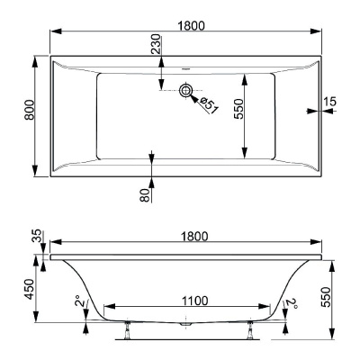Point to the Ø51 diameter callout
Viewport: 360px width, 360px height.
point(208,103)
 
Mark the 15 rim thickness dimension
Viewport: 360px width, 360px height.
point(330,103)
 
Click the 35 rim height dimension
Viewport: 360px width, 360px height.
point(35,238)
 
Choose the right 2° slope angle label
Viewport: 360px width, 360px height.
point(290,303)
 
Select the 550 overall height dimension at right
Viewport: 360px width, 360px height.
point(339,298)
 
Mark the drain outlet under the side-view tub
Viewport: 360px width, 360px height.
point(186,329)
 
